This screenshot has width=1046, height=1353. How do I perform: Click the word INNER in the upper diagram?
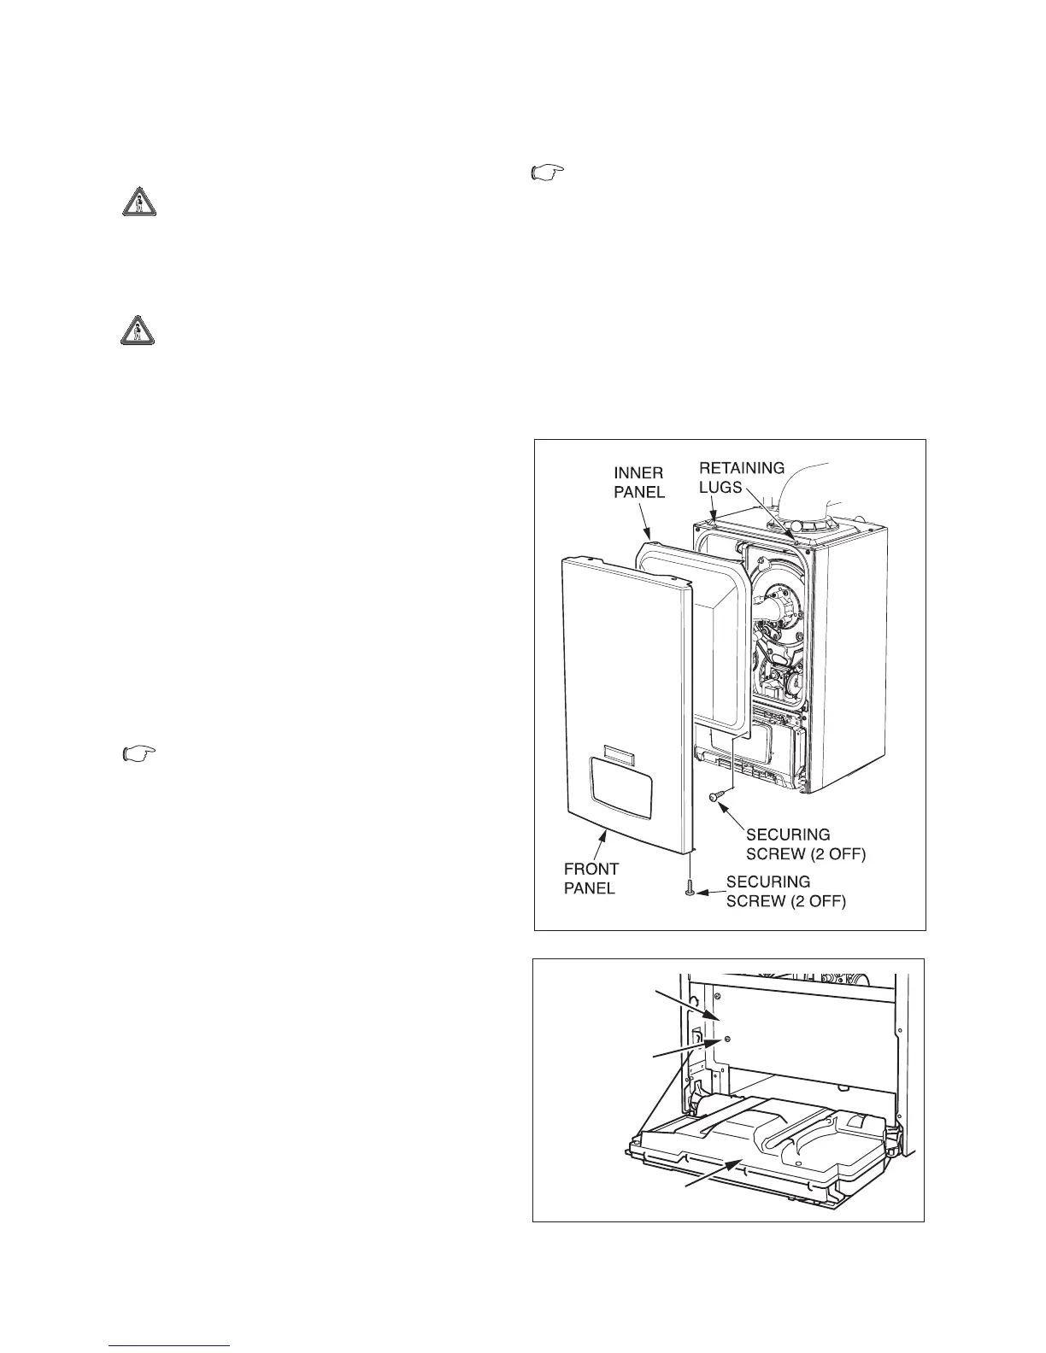(638, 472)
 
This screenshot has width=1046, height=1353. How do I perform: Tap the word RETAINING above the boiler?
(741, 467)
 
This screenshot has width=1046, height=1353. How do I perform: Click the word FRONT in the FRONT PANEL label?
(591, 869)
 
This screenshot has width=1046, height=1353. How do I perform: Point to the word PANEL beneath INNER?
(639, 493)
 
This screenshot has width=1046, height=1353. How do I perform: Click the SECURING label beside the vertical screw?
(768, 881)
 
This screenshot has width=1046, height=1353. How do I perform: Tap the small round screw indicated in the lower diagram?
(726, 1040)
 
